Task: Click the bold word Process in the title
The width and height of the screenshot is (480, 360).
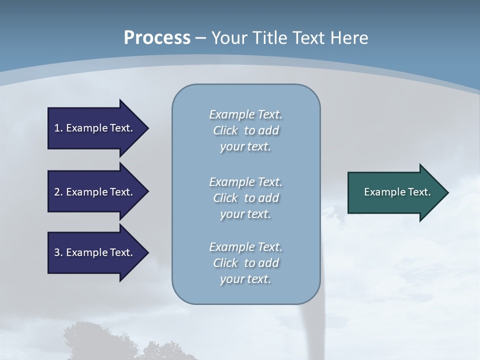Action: click(157, 37)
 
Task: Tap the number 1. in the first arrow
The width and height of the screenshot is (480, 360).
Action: click(58, 128)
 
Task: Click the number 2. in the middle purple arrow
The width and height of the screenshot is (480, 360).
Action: click(58, 192)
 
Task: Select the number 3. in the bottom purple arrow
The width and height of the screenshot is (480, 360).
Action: click(58, 252)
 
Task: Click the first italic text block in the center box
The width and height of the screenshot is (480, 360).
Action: click(245, 130)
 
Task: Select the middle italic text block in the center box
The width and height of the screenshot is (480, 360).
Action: click(245, 198)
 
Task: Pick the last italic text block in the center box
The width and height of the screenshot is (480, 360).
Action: click(245, 263)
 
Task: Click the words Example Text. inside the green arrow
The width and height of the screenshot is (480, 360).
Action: click(397, 192)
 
